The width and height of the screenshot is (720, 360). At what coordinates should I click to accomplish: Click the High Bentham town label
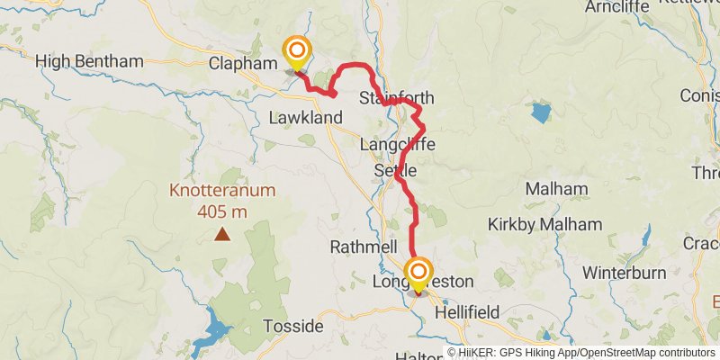(89, 62)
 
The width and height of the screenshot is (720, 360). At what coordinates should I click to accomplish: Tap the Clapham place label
(239, 64)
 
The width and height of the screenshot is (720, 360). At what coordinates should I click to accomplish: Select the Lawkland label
(307, 118)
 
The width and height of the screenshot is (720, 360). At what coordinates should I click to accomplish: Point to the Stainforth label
(396, 98)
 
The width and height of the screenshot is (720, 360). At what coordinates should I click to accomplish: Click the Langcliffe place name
(397, 144)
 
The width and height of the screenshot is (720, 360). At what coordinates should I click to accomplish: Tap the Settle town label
(395, 170)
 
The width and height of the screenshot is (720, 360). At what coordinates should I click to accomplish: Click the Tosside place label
(292, 326)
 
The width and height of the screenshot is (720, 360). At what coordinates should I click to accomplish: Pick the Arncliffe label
(616, 7)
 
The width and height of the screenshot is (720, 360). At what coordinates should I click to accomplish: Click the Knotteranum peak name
(222, 191)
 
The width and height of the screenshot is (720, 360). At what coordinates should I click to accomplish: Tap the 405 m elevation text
(222, 212)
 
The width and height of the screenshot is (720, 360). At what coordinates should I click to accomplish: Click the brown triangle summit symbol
(221, 235)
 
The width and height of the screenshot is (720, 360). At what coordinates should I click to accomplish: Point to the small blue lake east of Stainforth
(540, 112)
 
